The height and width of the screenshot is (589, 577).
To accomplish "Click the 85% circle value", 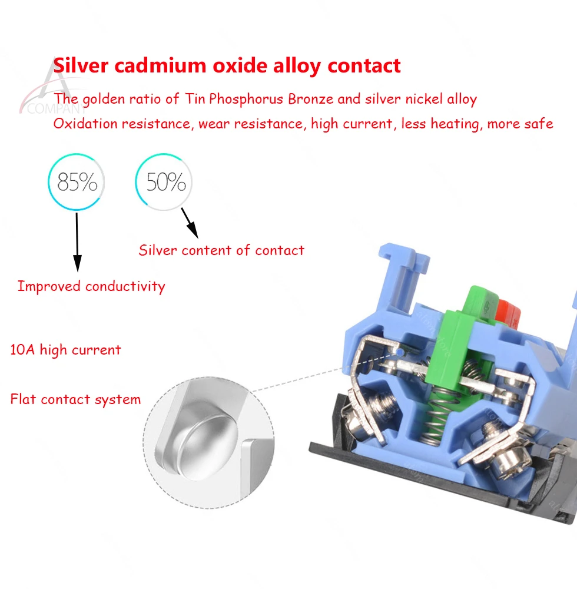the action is pos(77,183).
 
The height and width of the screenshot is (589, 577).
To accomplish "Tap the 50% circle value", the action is pos(165,183).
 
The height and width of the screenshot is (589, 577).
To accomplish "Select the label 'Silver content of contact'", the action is pos(221,250).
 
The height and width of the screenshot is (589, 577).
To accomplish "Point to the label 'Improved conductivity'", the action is pos(91,287).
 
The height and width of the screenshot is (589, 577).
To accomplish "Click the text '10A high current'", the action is pos(65,350).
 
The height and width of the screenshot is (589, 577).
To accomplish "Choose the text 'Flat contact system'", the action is pos(75,399).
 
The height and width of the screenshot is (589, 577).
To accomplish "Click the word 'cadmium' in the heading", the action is pos(153,65).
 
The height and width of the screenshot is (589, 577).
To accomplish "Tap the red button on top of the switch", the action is pos(507,315).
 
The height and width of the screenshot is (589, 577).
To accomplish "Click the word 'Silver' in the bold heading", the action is pos(82,65).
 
